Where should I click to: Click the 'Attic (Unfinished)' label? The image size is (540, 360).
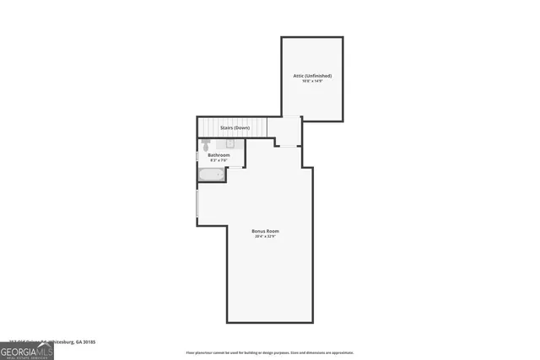point(311,76)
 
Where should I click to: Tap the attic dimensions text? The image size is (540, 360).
point(311,82)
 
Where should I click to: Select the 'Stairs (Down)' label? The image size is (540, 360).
point(235,127)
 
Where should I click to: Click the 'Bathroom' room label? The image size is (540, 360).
point(219,155)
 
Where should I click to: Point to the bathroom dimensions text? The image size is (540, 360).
point(219,160)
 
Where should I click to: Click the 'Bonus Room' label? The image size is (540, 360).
point(265,231)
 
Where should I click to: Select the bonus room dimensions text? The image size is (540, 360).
point(265,237)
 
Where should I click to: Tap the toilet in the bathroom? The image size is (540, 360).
point(205,145)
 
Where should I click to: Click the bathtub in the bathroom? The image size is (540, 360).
point(212,175)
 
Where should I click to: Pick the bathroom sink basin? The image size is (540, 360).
point(230,144)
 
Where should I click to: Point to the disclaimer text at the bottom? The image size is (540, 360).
point(269,353)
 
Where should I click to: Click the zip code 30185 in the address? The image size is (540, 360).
point(89,342)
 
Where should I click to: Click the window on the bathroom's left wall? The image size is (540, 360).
point(197,156)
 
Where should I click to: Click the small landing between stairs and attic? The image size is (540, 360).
point(288,130)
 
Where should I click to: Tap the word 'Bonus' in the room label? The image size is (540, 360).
point(258,231)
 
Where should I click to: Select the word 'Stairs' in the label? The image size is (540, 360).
point(227,127)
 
